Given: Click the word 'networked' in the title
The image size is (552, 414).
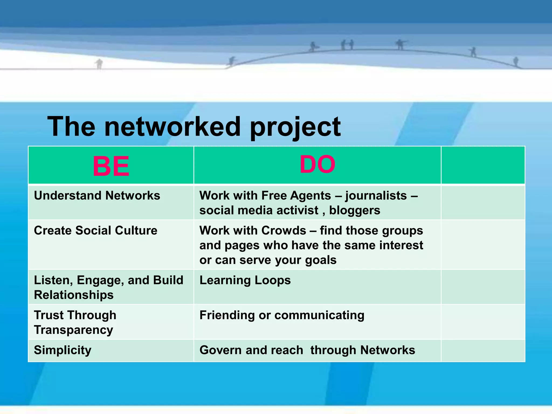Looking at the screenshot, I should coord(172,126).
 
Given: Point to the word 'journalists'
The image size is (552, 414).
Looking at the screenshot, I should coord(376,195).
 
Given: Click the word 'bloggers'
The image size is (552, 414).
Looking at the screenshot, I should coord(354,211).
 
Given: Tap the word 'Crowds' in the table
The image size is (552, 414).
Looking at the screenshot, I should coord(284,230).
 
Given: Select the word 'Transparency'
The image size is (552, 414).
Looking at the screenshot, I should coord(73,330).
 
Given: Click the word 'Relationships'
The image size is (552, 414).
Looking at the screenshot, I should coord(74,295).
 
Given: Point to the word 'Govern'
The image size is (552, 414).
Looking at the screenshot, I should coord(220,350).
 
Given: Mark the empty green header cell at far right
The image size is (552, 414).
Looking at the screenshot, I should coord(483,165).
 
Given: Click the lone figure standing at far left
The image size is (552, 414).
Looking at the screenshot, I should coord(99,64).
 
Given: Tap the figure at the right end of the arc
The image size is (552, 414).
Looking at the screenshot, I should coord(516,61).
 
